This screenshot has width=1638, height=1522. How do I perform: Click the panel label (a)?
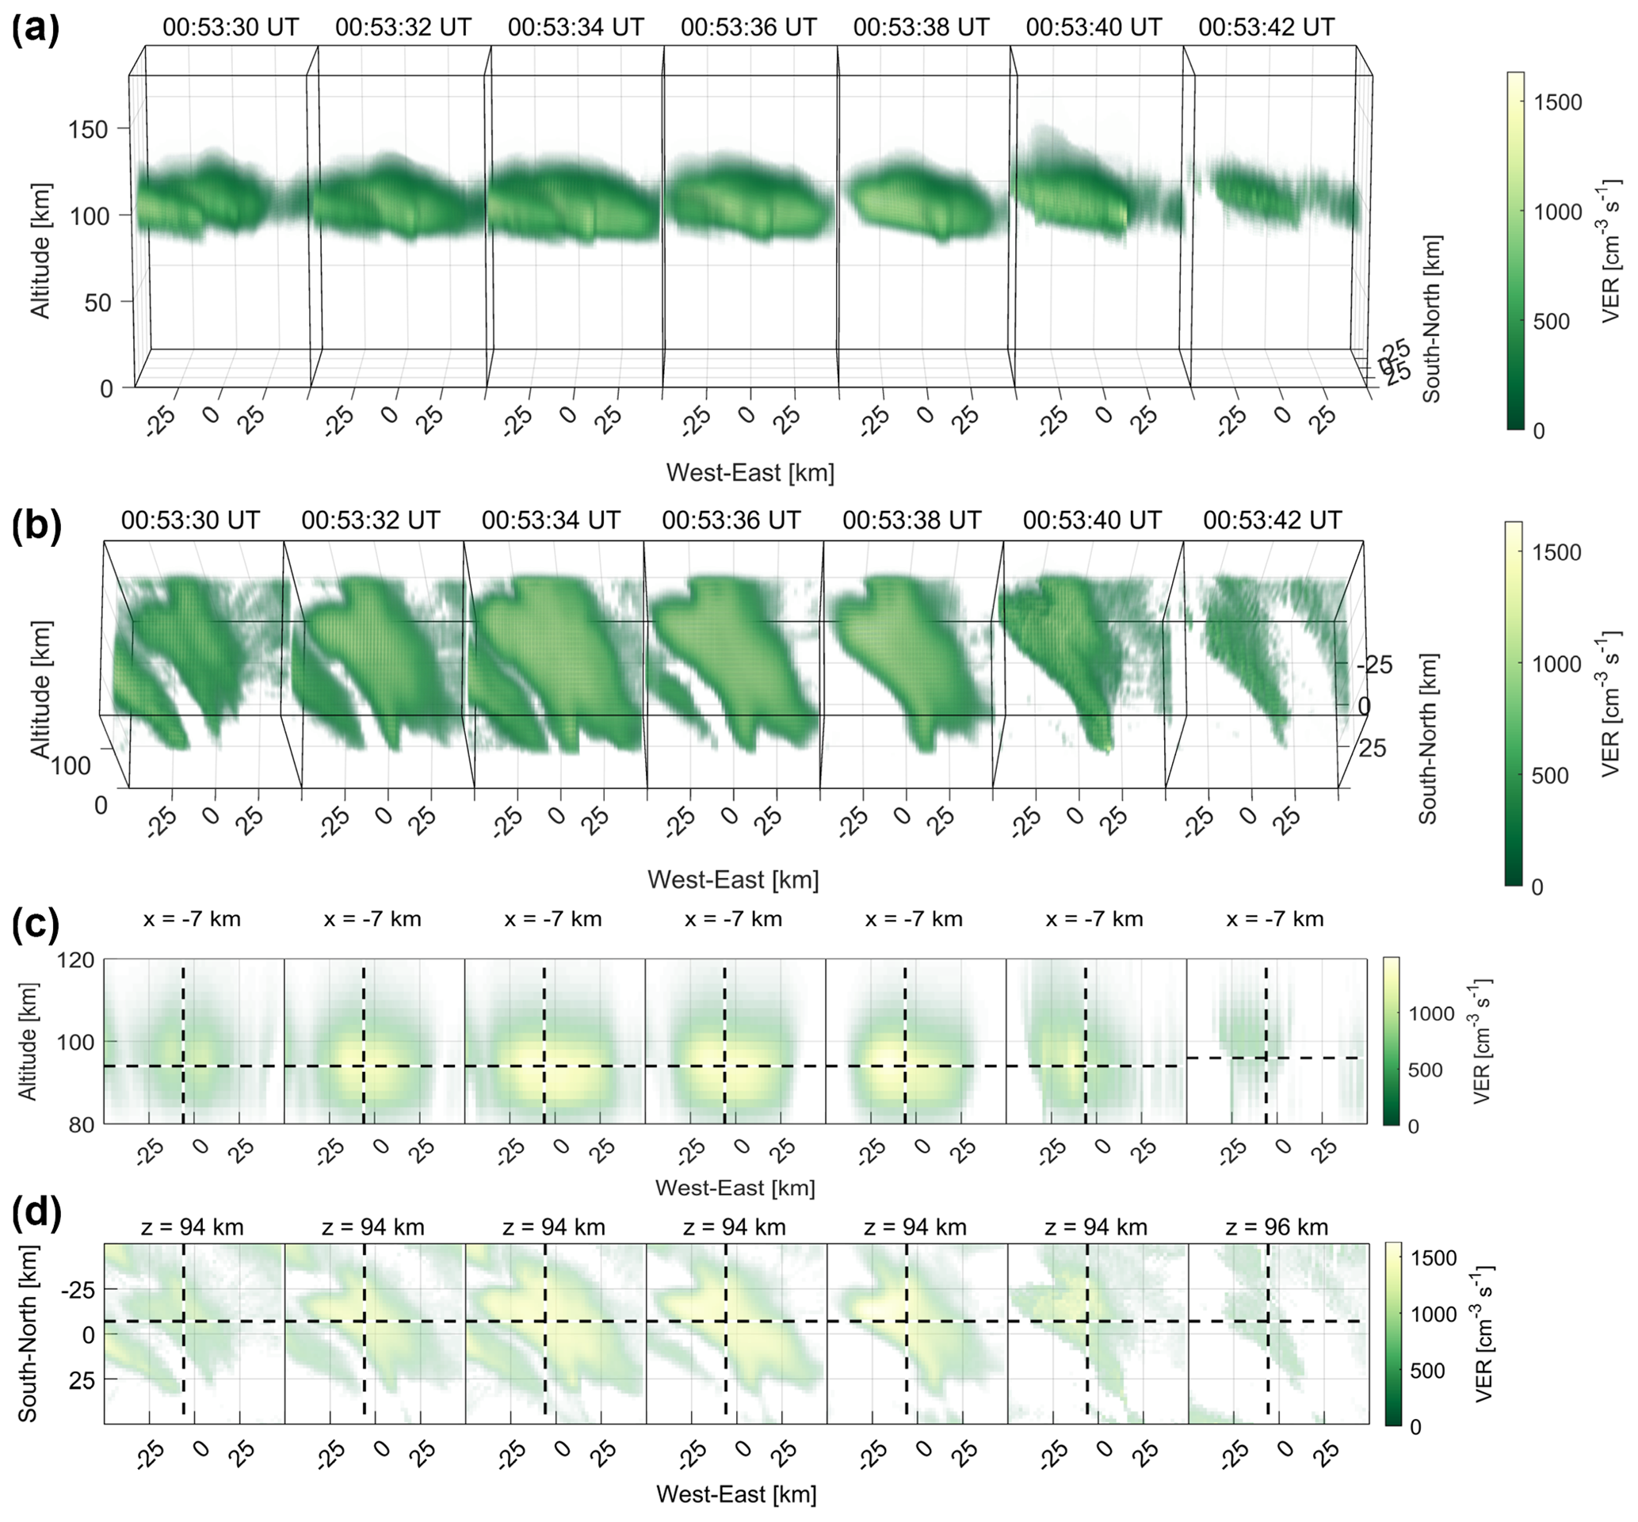(36, 30)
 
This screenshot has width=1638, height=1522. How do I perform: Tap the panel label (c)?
(36, 924)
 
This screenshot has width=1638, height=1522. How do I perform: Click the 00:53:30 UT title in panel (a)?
(230, 27)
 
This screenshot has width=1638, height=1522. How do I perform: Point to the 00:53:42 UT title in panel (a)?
(1266, 27)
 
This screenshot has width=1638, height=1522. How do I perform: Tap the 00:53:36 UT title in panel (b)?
(731, 521)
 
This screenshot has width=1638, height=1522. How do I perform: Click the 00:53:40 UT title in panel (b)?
(1092, 521)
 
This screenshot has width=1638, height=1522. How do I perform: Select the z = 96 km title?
(1277, 1227)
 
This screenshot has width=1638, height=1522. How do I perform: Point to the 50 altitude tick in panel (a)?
(97, 302)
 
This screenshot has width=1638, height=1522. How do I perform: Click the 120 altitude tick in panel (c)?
(77, 960)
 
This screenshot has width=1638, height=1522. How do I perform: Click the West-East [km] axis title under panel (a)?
(750, 473)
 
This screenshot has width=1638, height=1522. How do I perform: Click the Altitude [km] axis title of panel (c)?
(27, 1041)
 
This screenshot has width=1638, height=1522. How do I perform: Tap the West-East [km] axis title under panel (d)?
(735, 1493)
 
